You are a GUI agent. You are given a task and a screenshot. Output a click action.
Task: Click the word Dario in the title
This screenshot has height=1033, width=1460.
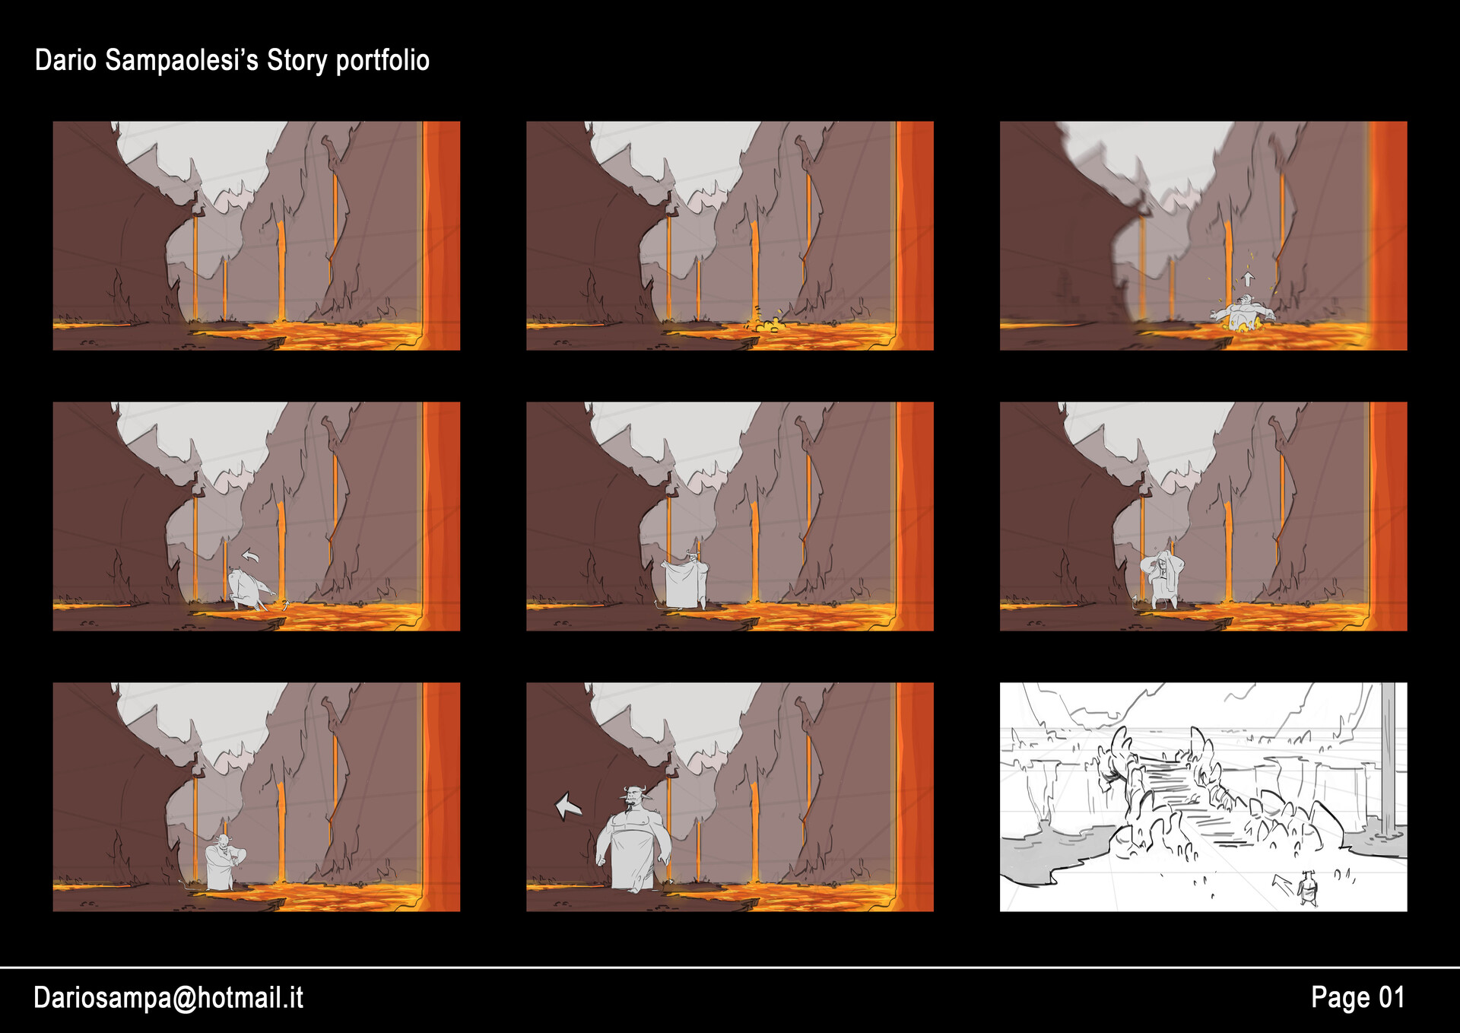(65, 61)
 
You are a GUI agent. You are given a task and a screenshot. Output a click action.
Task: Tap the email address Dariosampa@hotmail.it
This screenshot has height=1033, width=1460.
(168, 997)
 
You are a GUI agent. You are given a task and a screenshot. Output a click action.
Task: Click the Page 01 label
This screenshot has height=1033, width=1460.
(1357, 997)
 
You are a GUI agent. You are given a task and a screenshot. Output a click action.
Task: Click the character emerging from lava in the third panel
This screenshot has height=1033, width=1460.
(1243, 313)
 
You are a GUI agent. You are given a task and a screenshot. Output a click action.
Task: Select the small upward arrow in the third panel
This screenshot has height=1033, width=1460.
(1248, 278)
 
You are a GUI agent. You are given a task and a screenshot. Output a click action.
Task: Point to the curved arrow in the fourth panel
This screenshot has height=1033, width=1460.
(250, 556)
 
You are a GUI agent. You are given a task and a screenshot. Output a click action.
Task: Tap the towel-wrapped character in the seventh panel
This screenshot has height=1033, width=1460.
(222, 863)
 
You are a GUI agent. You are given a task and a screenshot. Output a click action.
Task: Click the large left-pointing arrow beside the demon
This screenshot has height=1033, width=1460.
(567, 806)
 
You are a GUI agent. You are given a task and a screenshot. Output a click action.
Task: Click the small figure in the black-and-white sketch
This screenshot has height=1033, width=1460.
(1307, 888)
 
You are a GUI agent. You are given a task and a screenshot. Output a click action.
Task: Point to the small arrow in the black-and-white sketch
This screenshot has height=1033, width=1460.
(1282, 884)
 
